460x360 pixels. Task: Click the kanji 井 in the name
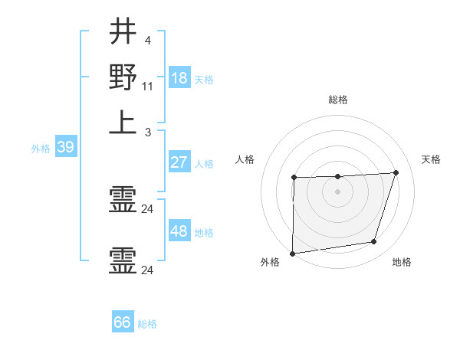tap(123, 33)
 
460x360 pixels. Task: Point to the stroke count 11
tap(148, 87)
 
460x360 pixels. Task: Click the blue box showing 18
tap(179, 78)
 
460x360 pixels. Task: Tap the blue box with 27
tap(179, 163)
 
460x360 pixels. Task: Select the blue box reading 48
tap(179, 231)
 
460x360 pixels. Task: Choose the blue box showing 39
tap(64, 148)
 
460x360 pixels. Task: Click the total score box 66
tap(123, 322)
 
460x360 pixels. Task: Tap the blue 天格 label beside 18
tap(204, 79)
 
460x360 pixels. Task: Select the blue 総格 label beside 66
tap(147, 324)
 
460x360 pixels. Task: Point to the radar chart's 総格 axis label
tap(338, 100)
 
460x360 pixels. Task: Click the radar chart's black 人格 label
tap(245, 159)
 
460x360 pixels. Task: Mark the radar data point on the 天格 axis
tap(396, 172)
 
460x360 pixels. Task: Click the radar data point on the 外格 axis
tap(292, 254)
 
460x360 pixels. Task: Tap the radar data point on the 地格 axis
tap(374, 242)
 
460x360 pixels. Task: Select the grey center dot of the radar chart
tap(337, 191)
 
